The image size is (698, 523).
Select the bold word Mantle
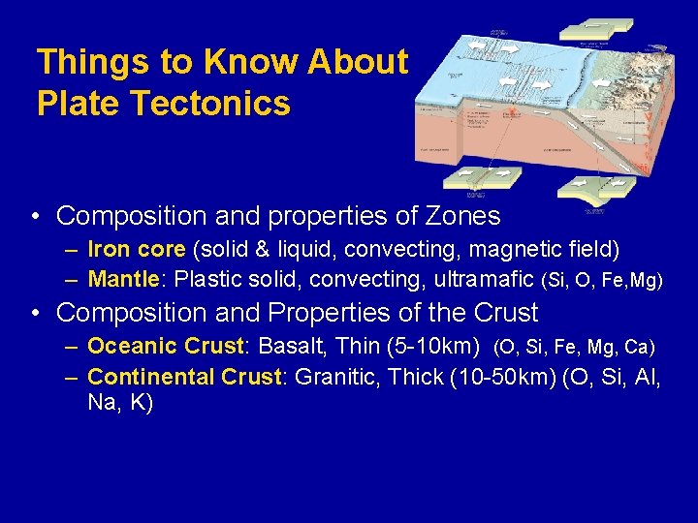[x=123, y=281]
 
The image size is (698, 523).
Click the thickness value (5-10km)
[x=432, y=347]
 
